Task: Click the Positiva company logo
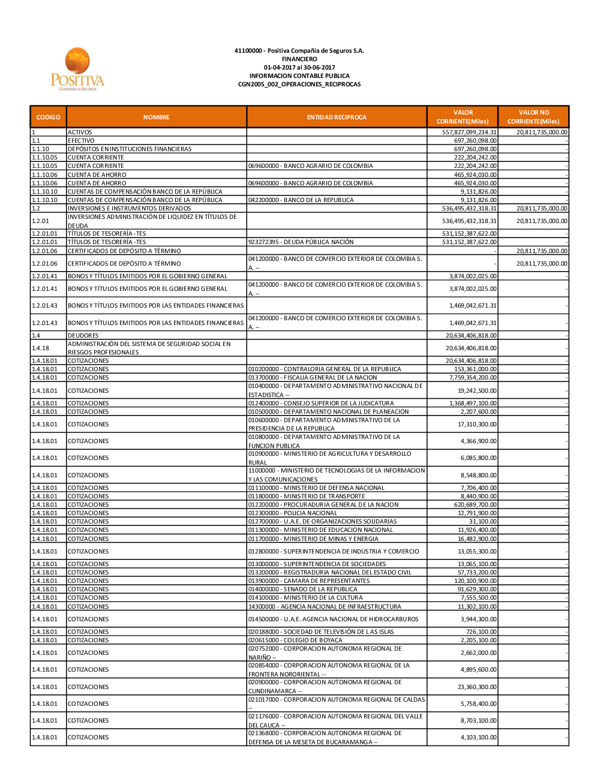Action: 77,70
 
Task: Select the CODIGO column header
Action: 48,117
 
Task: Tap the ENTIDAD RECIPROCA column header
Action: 337,117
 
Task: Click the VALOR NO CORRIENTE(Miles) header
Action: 533,117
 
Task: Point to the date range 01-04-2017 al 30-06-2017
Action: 299,68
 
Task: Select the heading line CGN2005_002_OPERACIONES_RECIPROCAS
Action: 299,85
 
